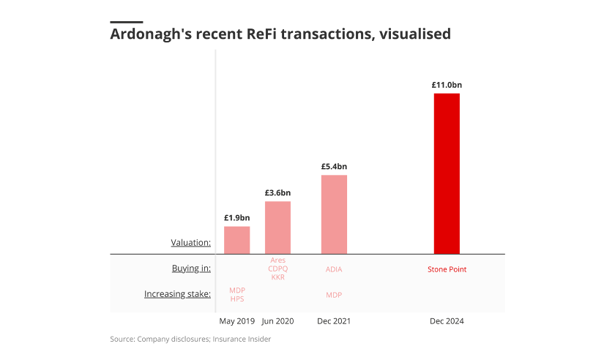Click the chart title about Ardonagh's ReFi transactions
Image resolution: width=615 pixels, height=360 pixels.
pos(280,34)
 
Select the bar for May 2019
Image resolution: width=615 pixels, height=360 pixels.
pos(236,240)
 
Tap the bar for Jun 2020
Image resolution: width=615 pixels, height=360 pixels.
pos(277,228)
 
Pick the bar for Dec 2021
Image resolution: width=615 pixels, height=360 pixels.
pos(334,214)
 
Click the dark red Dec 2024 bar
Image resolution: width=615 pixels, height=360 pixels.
pos(447,173)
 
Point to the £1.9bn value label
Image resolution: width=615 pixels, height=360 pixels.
pos(236,217)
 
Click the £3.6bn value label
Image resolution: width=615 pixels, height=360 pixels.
pos(277,192)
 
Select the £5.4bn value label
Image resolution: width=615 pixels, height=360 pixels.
pos(334,166)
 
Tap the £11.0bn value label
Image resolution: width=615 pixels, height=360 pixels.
pos(447,85)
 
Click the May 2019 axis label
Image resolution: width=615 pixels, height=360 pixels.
pos(236,320)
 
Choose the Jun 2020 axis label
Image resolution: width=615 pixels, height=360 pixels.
pos(277,320)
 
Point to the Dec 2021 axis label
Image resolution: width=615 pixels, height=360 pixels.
pos(334,320)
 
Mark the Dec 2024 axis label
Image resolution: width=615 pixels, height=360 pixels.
pos(447,320)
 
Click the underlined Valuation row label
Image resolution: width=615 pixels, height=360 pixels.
pos(190,242)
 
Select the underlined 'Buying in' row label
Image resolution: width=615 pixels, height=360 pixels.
pos(191,269)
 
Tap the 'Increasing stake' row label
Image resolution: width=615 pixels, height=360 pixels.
pos(177,294)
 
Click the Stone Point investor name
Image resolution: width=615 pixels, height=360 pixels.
pos(447,269)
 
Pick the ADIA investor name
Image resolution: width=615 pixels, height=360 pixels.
pos(334,269)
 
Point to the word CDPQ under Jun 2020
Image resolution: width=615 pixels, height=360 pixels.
pos(277,269)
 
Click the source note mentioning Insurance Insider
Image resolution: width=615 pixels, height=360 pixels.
pos(190,339)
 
